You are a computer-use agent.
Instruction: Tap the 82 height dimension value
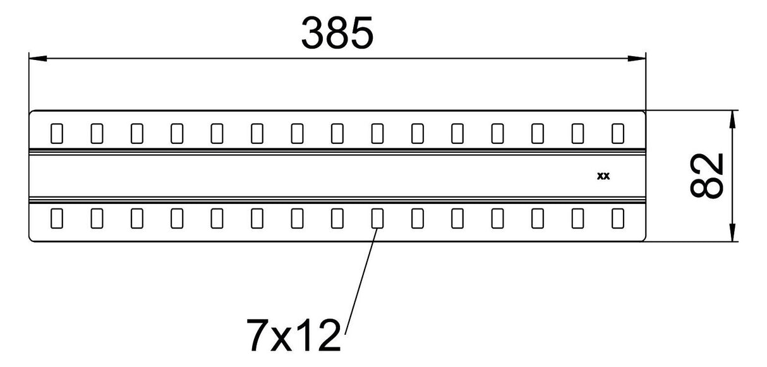tap(706, 176)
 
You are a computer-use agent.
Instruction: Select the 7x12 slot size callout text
tap(293, 335)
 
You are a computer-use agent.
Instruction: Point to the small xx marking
tap(603, 176)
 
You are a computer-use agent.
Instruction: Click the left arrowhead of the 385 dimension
tap(38, 58)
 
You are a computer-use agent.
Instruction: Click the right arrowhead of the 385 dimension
tap(637, 58)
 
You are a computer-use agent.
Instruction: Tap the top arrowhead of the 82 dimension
tap(732, 120)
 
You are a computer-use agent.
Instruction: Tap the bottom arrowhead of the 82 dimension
tap(732, 232)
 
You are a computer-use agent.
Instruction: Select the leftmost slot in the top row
tap(57, 133)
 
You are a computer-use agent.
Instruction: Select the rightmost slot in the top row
tap(618, 133)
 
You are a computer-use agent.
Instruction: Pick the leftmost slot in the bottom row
tap(57, 219)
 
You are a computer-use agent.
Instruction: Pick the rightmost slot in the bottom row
tap(618, 219)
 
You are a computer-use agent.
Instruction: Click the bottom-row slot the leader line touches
tap(377, 219)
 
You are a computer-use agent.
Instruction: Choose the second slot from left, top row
tap(97, 133)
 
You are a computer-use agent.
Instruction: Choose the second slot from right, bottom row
tap(577, 219)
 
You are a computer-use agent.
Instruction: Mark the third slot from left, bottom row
tap(137, 219)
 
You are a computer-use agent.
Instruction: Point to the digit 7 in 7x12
tap(257, 335)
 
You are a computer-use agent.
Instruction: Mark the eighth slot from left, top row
tap(337, 133)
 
